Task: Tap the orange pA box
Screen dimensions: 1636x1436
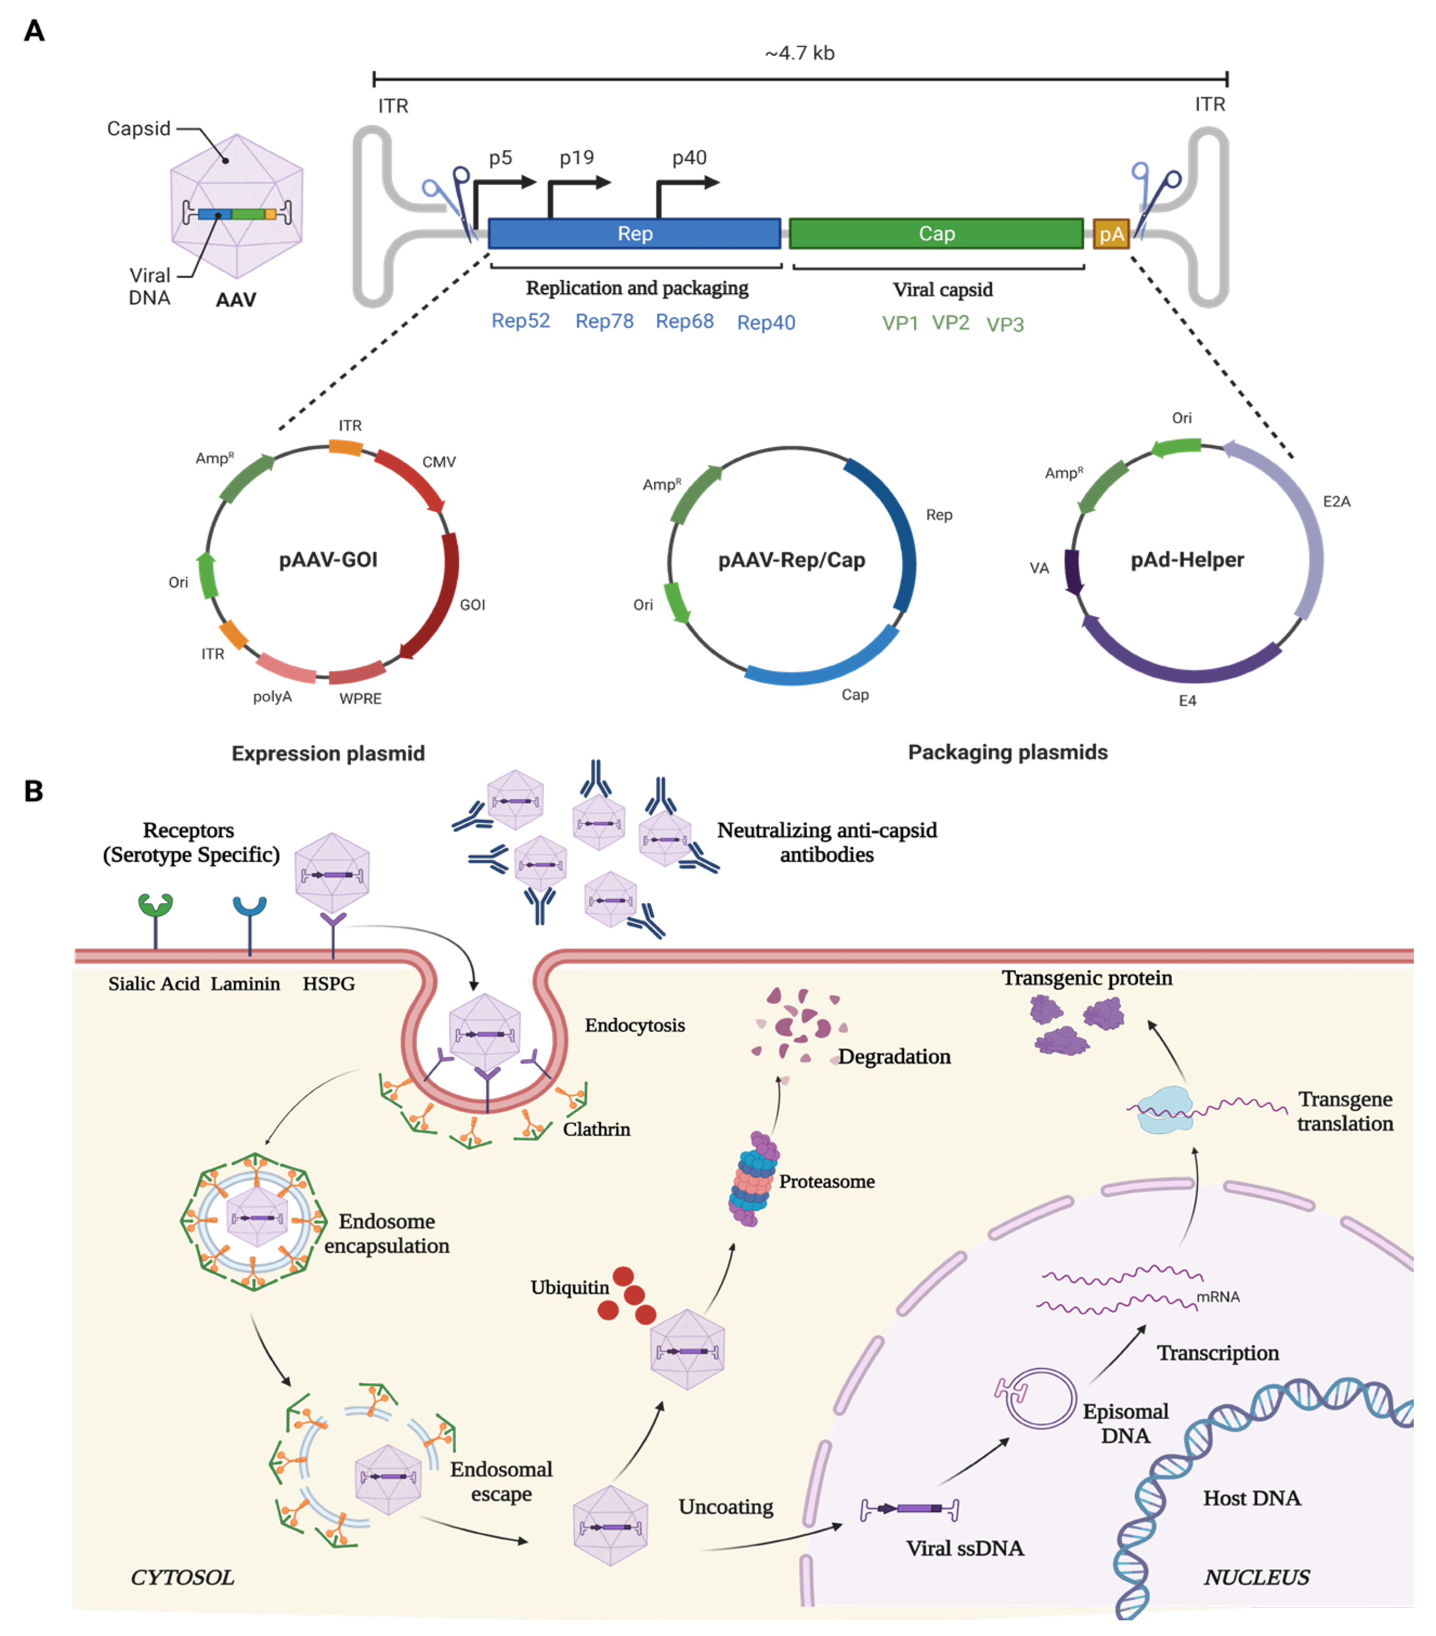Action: tap(1111, 233)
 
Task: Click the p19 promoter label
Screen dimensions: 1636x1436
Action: tap(576, 158)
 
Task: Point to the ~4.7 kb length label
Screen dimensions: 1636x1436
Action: tap(800, 53)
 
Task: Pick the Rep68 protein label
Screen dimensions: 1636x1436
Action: tap(684, 321)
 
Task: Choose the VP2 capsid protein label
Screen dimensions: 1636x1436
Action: tap(950, 322)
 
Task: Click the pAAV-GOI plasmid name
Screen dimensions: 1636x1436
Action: tap(328, 560)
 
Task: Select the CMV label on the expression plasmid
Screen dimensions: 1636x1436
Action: tap(439, 462)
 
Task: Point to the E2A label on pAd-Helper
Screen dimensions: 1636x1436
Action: tap(1336, 502)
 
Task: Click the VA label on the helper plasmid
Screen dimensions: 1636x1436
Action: tap(1038, 568)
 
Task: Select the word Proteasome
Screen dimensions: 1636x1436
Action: tap(827, 1181)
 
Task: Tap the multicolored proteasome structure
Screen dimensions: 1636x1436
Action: tap(752, 1179)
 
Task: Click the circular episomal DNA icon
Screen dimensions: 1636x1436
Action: tap(1039, 1398)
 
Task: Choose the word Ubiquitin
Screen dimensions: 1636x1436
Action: tap(569, 1287)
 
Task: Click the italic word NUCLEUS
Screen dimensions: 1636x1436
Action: tap(1256, 1577)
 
